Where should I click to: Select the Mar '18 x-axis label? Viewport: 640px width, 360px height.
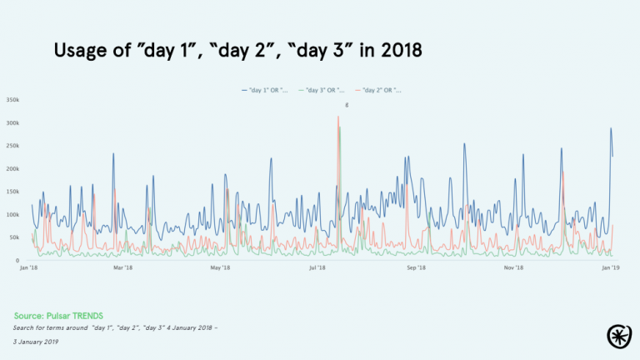(x=122, y=268)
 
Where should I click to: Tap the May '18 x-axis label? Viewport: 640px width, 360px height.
(x=220, y=268)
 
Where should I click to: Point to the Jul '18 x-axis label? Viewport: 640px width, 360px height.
(x=317, y=268)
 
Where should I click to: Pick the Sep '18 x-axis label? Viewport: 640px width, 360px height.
(x=416, y=268)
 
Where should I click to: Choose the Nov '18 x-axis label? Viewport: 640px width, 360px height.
(x=513, y=268)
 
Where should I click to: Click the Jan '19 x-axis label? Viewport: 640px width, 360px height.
(x=611, y=268)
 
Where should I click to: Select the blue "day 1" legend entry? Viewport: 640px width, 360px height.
(x=266, y=89)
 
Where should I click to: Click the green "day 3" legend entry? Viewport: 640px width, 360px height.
(x=322, y=89)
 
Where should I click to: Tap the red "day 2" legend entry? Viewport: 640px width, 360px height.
(x=378, y=89)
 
